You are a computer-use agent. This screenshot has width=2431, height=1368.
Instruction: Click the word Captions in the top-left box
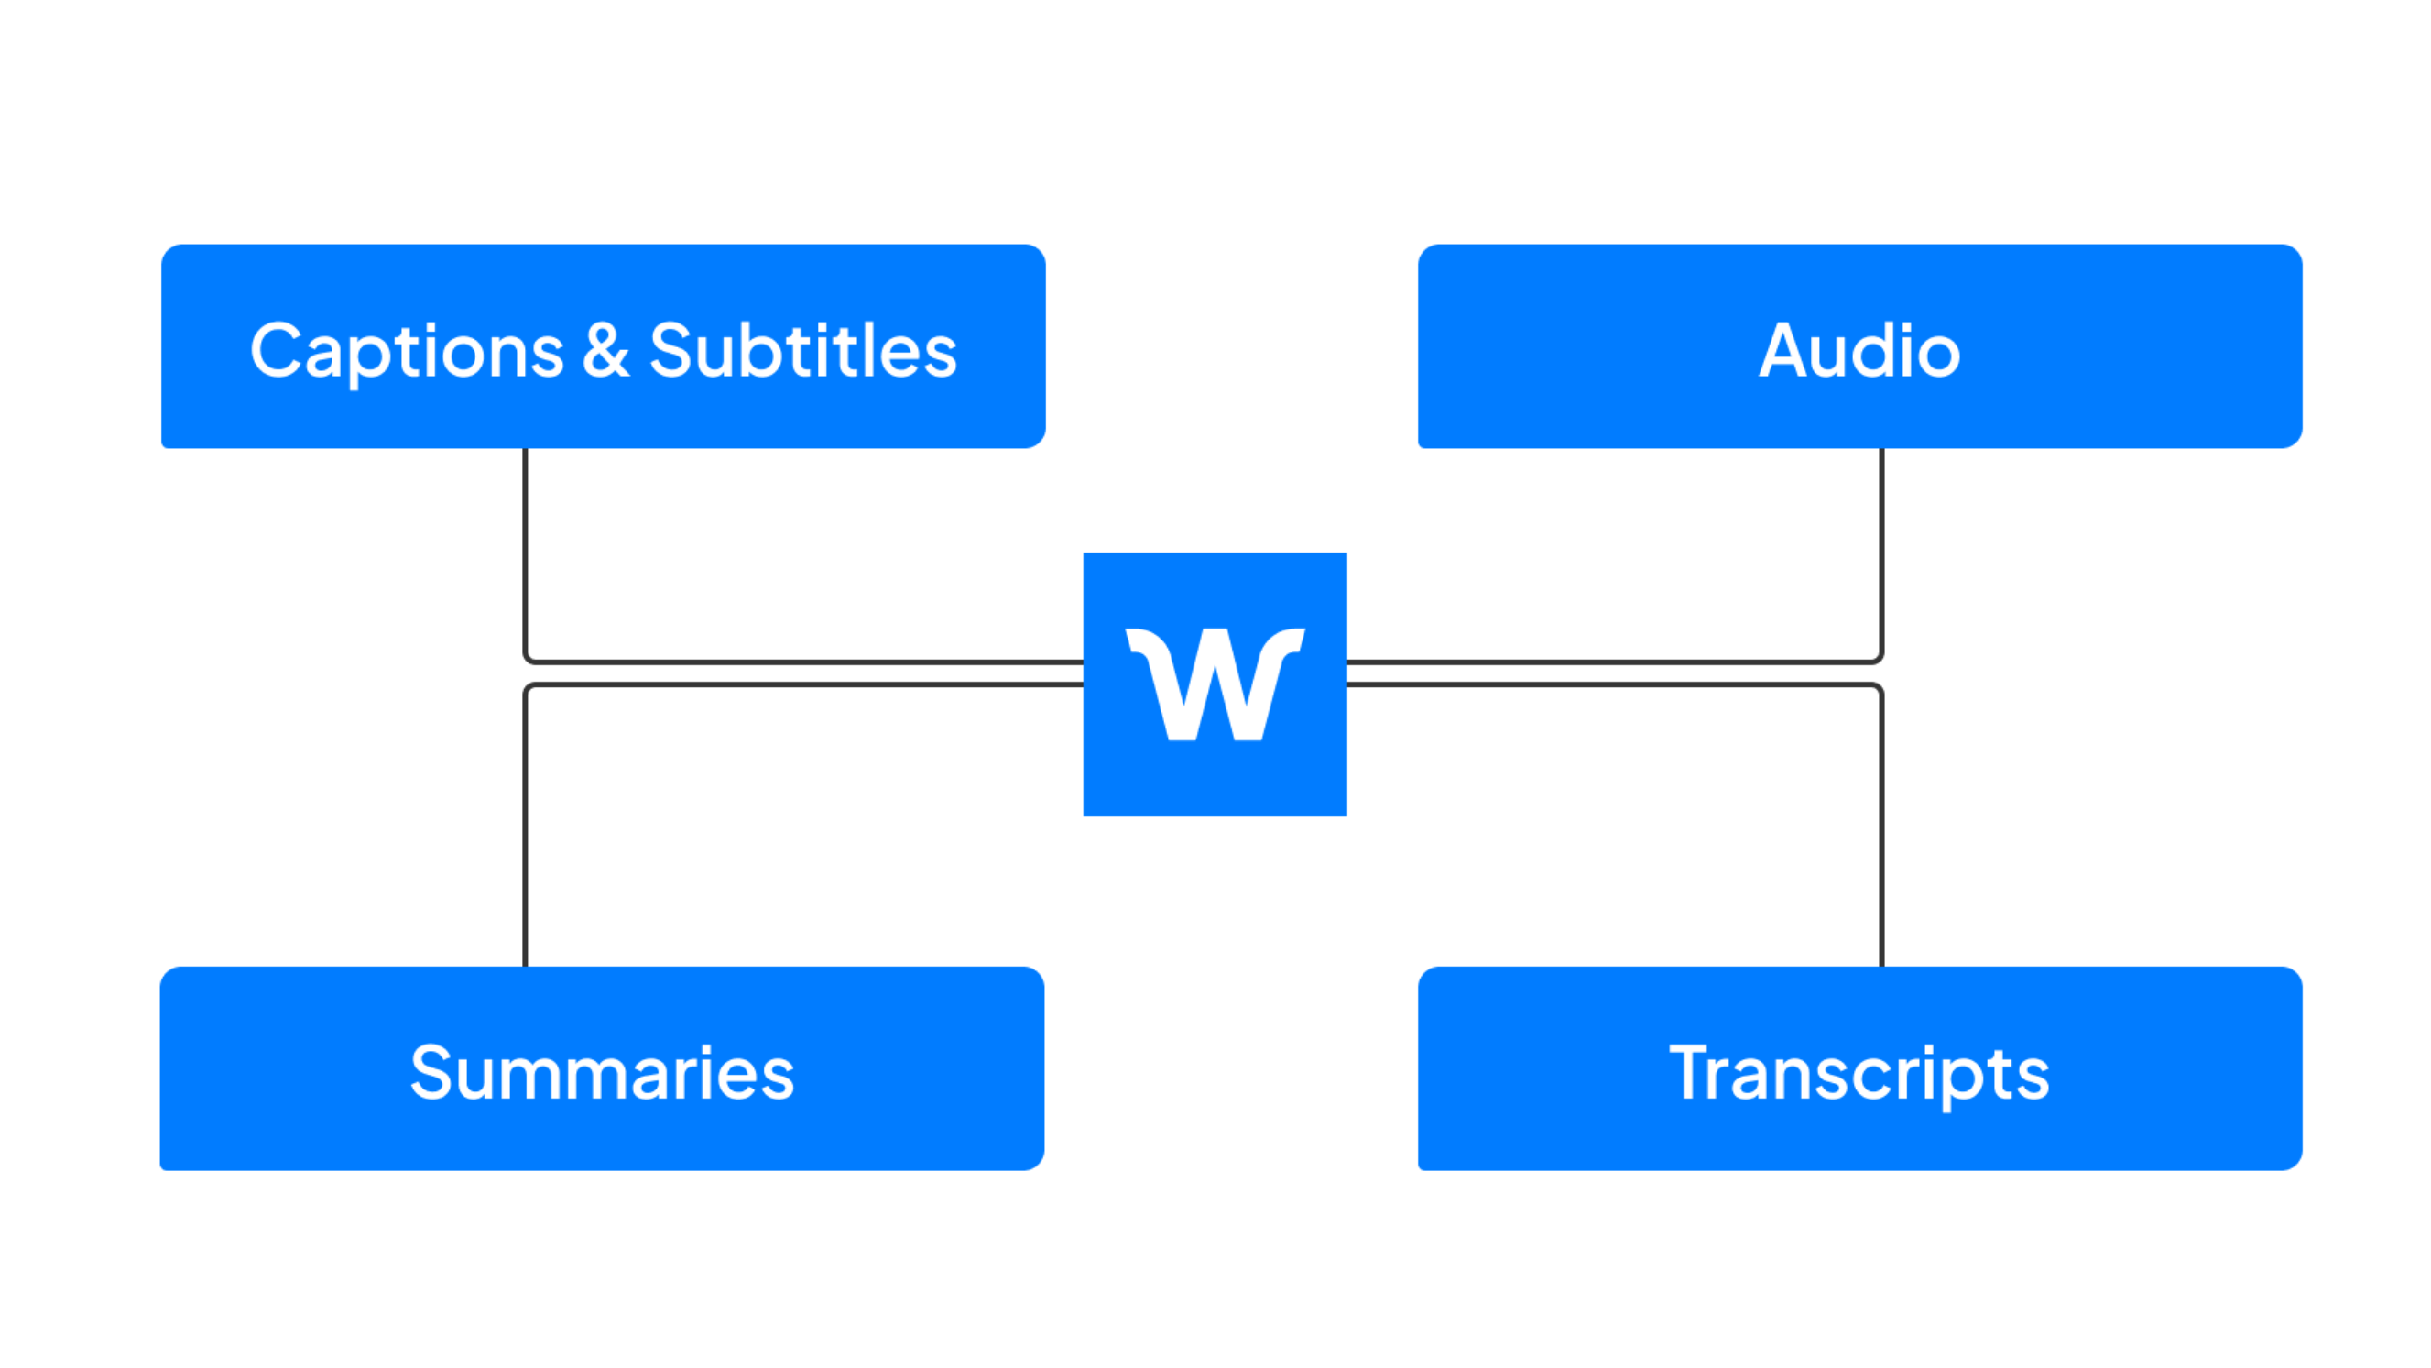tap(407, 351)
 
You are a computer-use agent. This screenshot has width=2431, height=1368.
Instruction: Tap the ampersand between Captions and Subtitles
tap(605, 351)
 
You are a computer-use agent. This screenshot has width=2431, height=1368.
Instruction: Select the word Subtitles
tap(803, 351)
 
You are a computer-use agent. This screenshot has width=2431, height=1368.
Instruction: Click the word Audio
tap(1859, 351)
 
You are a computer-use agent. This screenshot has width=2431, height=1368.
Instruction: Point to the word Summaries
tap(602, 1074)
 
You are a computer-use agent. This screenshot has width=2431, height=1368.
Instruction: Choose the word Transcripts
tap(1859, 1074)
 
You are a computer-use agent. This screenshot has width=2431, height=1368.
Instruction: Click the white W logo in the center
tap(1215, 684)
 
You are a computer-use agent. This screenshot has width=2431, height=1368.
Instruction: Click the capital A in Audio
tap(1785, 351)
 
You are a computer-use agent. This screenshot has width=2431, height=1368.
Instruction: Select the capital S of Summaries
tap(431, 1074)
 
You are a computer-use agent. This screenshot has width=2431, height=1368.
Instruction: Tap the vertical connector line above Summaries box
tap(526, 831)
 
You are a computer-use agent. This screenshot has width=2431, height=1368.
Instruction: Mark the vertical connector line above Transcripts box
tap(1880, 831)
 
